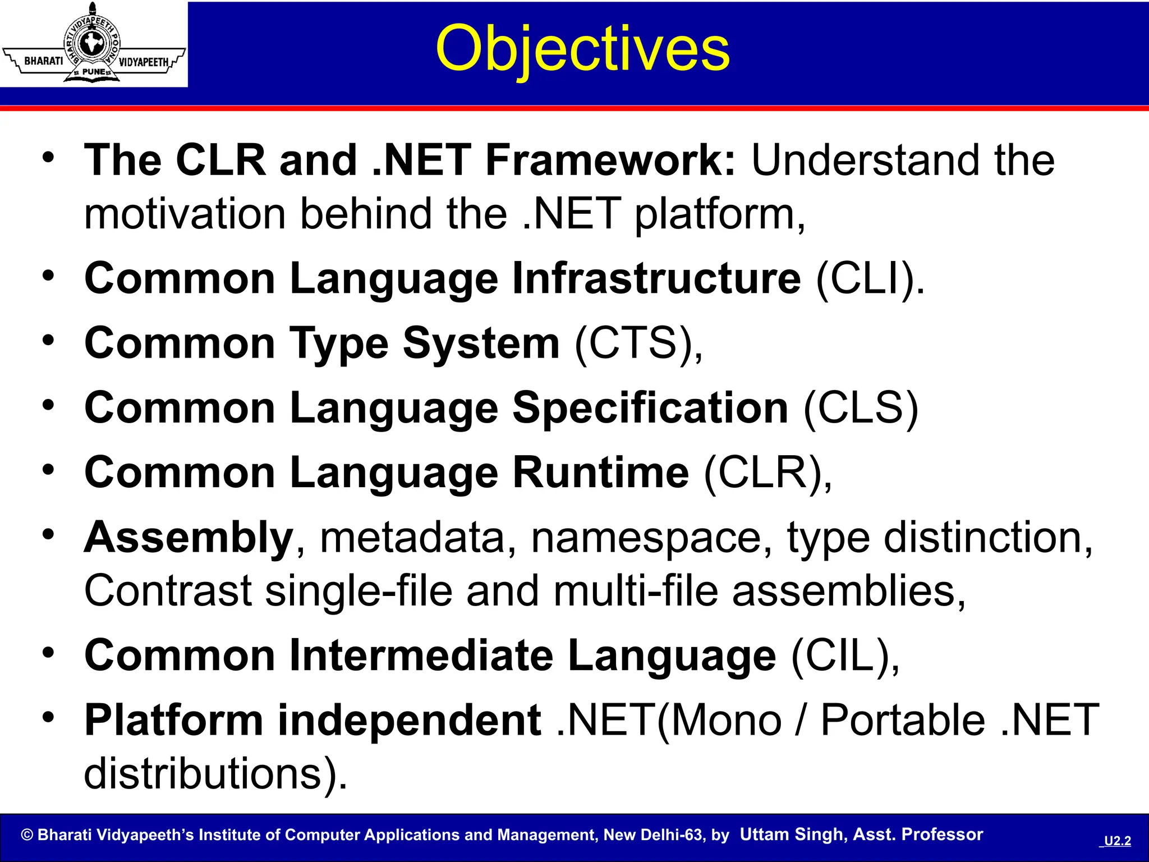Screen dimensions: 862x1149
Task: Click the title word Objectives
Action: pos(582,49)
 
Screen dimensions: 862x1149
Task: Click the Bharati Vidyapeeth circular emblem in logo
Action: pos(93,44)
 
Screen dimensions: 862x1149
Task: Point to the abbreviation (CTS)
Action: pos(638,343)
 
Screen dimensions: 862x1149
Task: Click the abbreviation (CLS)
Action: pos(861,408)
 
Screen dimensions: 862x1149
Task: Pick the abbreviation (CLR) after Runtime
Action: pos(767,473)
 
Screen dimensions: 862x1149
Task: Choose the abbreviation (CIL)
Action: pos(845,655)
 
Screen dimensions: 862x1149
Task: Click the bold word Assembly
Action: pos(189,538)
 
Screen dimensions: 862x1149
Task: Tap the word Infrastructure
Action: pos(656,278)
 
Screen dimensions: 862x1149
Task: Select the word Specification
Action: pos(650,408)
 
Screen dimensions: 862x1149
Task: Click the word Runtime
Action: pos(600,473)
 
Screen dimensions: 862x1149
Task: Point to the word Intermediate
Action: pos(421,655)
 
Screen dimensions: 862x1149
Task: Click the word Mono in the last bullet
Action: pos(726,720)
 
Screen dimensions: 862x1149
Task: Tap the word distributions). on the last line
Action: pos(216,774)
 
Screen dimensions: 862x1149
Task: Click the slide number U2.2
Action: pos(1117,841)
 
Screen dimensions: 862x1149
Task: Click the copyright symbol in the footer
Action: pos(27,835)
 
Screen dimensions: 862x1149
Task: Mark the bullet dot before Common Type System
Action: pos(49,340)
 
